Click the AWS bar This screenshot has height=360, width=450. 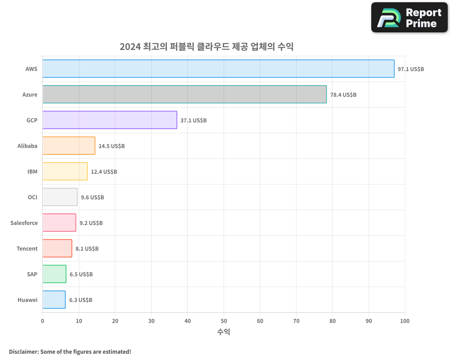218,69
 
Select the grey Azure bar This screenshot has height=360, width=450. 184,94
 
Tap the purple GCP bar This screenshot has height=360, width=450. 110,120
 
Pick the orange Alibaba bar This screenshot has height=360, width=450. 69,146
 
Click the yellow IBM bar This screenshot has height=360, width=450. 65,171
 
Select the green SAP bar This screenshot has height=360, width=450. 54,274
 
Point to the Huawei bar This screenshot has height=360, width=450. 54,300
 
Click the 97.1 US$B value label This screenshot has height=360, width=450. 410,69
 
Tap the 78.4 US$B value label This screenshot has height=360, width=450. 343,95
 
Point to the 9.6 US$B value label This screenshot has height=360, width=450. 92,198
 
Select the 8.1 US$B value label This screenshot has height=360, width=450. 87,249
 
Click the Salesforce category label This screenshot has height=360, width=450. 24,223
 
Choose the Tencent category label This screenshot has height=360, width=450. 27,248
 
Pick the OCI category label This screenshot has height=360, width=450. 32,197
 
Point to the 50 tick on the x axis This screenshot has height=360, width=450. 224,321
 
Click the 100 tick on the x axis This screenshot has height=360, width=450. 405,321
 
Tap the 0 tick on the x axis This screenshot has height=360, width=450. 43,321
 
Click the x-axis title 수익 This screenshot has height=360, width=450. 224,332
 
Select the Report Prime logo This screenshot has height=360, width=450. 409,18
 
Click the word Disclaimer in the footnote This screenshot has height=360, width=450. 23,351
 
